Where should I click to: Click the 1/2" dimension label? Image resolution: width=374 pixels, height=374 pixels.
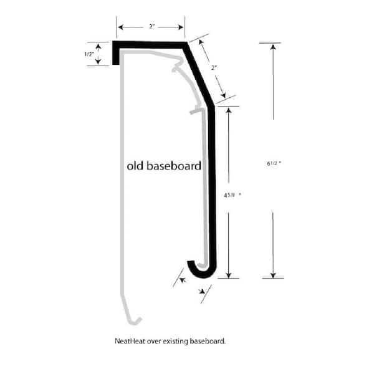[x=89, y=54]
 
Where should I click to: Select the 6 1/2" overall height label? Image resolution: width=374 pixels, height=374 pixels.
[x=273, y=165]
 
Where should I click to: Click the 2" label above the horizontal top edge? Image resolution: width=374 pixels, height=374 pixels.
[x=151, y=27]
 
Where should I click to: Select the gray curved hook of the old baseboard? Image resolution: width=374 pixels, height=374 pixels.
[x=133, y=320]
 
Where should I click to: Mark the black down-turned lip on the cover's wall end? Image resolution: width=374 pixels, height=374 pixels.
[x=116, y=55]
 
